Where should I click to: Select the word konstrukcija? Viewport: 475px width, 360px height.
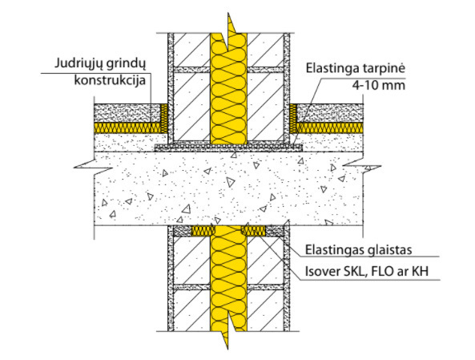[110, 81]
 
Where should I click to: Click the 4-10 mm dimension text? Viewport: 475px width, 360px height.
[378, 85]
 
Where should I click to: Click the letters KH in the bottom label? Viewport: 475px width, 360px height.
[421, 271]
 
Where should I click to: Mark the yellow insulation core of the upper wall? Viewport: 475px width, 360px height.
[229, 88]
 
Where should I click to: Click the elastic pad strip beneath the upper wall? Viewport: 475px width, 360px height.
[229, 148]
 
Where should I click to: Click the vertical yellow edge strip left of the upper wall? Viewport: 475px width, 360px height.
[164, 119]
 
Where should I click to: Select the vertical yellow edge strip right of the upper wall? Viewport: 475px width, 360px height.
[293, 119]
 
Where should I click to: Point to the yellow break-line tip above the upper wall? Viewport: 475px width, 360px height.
[229, 14]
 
